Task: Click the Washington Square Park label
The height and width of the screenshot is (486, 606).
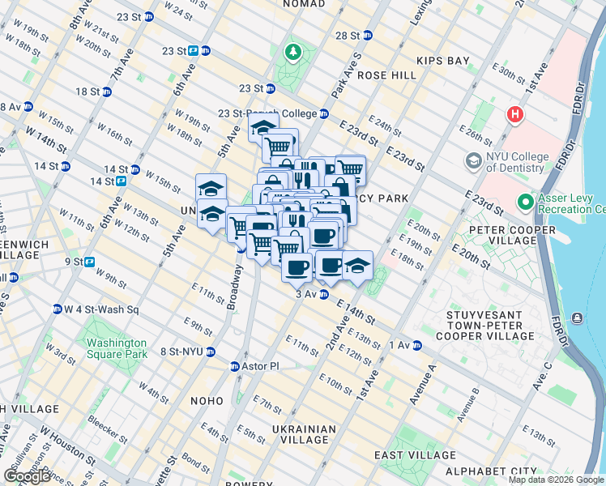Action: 117,348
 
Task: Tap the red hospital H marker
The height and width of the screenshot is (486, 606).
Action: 514,114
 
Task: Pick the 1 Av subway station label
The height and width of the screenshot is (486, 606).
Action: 399,345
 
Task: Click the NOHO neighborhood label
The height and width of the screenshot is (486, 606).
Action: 207,400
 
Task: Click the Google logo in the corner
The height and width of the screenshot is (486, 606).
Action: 27,476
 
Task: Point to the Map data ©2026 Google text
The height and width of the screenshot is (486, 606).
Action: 555,480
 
